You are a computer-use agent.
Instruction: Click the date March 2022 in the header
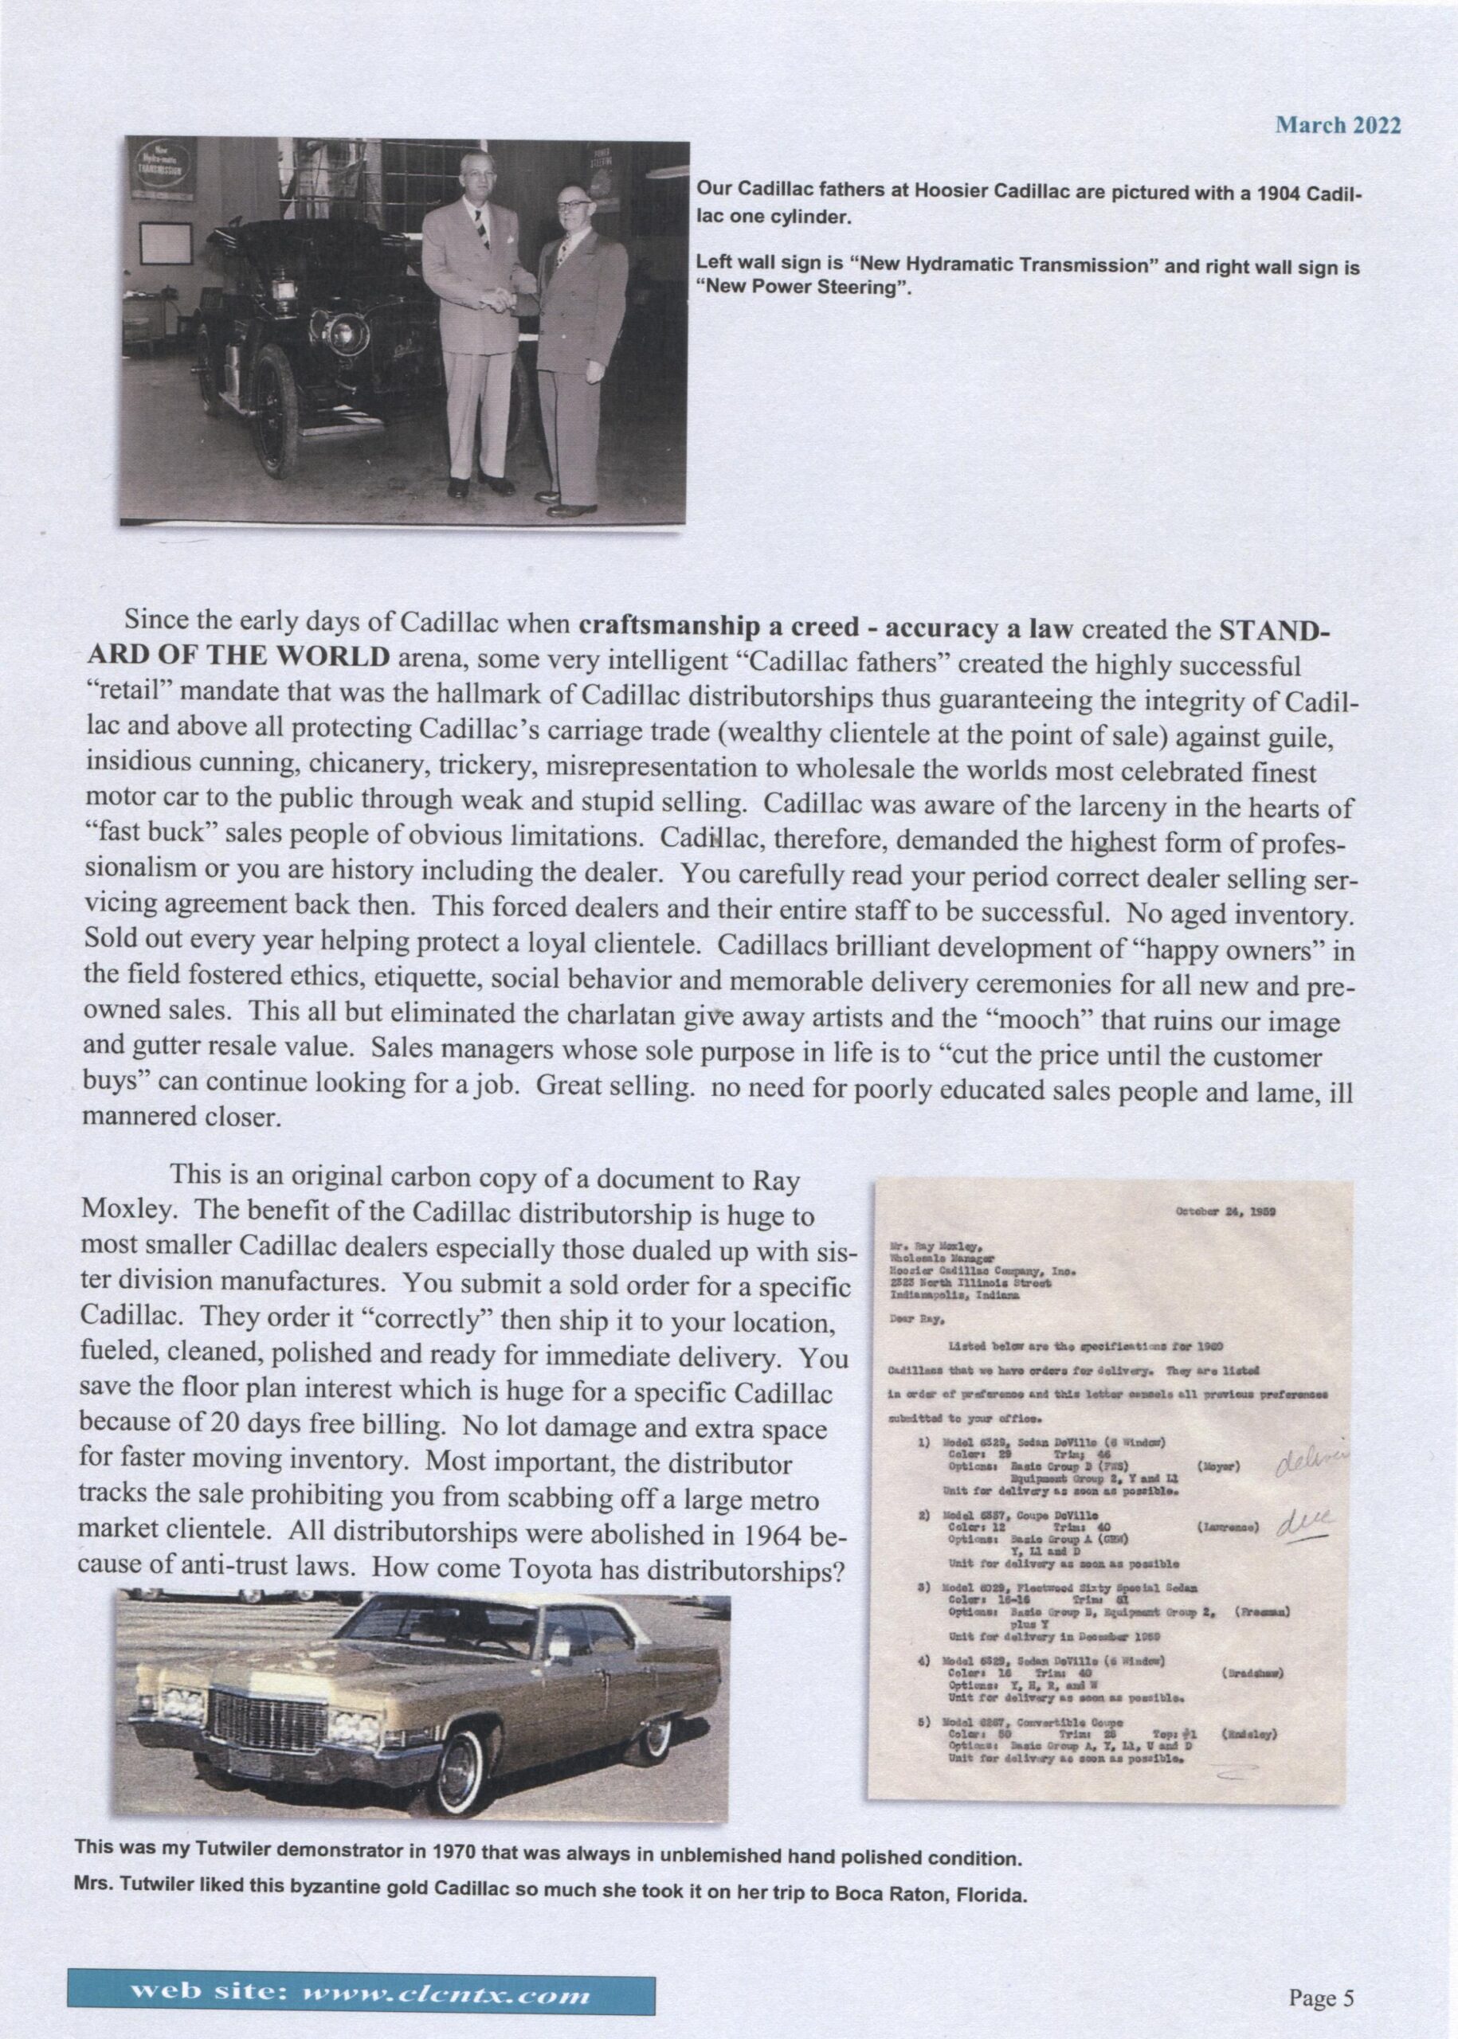point(1338,126)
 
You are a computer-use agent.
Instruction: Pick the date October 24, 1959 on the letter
point(1226,1211)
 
